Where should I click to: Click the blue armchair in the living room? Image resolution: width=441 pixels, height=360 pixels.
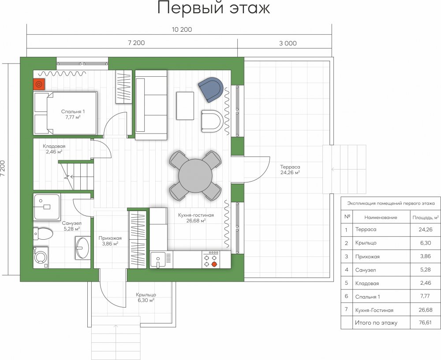point(211,89)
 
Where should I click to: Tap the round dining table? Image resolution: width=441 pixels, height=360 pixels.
point(195,176)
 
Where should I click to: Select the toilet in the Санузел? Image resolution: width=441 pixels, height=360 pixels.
point(43,234)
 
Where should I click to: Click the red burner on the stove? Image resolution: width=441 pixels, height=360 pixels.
point(214,264)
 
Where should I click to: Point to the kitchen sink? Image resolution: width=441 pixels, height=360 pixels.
point(158,259)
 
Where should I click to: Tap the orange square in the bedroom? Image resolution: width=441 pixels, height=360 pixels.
point(39,84)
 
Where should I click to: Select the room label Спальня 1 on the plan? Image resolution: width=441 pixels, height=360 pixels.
point(73,111)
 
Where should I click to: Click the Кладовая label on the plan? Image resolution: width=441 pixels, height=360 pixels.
point(54,146)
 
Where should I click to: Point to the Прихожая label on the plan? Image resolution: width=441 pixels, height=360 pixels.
point(110,238)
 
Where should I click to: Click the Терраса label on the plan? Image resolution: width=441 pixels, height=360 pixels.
point(290,167)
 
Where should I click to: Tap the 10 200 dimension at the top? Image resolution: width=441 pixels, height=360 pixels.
point(182,30)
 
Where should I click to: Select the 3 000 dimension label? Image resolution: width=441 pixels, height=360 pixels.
point(288,43)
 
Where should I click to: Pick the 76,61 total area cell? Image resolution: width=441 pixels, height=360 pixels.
point(425,323)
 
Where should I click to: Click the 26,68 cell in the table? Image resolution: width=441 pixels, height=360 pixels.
point(425,310)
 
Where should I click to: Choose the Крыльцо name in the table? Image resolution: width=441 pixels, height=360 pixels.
point(366,243)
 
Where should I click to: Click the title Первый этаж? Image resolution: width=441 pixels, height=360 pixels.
point(213,7)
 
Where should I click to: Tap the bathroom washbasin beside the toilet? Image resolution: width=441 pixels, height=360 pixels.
point(83,248)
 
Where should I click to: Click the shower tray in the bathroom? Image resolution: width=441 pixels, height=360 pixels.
point(47,207)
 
